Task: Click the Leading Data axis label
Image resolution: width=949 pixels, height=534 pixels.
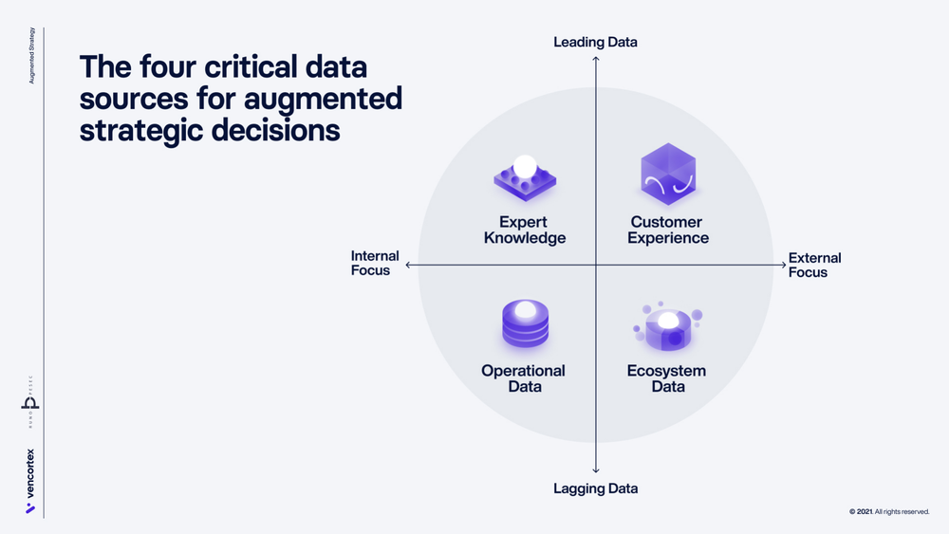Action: [x=595, y=42]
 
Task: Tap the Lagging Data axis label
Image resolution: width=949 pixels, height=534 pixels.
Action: [x=595, y=488]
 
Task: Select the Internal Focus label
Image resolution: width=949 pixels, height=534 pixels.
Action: [x=375, y=263]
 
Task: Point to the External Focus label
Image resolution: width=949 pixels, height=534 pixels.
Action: [x=814, y=265]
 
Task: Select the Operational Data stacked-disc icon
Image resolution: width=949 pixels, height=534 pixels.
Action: [x=524, y=325]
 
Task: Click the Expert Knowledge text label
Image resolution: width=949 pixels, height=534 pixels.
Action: [x=525, y=230]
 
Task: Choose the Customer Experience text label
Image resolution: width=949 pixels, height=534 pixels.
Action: [x=670, y=230]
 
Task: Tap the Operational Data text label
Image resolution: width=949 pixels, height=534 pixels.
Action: [x=524, y=378]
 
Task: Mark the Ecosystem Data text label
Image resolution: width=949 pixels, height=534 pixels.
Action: [x=667, y=378]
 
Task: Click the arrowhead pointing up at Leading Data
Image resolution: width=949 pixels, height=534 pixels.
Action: [x=595, y=59]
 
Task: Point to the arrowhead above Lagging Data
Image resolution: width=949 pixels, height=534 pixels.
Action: [x=595, y=470]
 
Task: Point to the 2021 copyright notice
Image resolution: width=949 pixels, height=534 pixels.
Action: [x=889, y=512]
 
